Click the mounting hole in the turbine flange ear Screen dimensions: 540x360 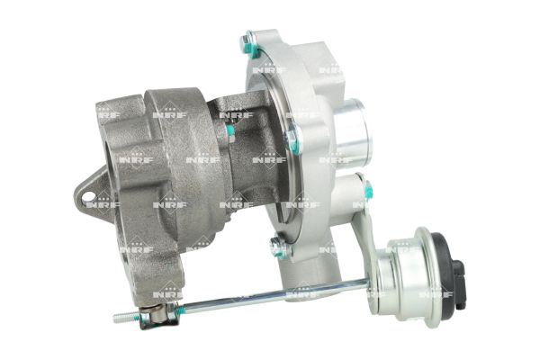pyautogui.click(x=88, y=196)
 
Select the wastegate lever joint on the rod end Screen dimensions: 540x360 pyautogui.click(x=159, y=316)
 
